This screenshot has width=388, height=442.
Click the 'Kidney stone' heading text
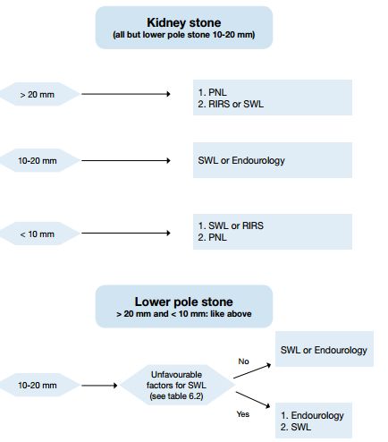(184, 22)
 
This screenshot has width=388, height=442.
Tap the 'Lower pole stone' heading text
(184, 302)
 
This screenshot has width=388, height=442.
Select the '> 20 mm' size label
(38, 95)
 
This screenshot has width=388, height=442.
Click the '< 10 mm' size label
(38, 234)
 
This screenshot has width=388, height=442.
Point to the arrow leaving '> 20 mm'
(126, 94)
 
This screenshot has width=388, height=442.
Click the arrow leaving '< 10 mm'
(126, 233)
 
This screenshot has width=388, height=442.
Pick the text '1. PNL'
(213, 92)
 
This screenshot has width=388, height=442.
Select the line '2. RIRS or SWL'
(231, 104)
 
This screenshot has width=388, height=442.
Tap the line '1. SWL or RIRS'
(231, 225)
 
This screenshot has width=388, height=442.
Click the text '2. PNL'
(213, 237)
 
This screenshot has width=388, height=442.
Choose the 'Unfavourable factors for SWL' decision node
(177, 385)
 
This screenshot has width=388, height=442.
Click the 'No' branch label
(243, 361)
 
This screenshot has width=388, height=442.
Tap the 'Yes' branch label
(243, 414)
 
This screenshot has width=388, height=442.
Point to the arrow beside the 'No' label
(252, 371)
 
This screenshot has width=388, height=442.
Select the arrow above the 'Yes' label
(253, 400)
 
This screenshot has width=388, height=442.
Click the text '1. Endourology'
(312, 415)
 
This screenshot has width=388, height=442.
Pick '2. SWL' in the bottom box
(296, 427)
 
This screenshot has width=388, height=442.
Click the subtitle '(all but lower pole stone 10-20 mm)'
(184, 35)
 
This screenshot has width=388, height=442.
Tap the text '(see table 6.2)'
(177, 396)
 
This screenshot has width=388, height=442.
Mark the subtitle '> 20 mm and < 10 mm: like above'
(184, 314)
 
